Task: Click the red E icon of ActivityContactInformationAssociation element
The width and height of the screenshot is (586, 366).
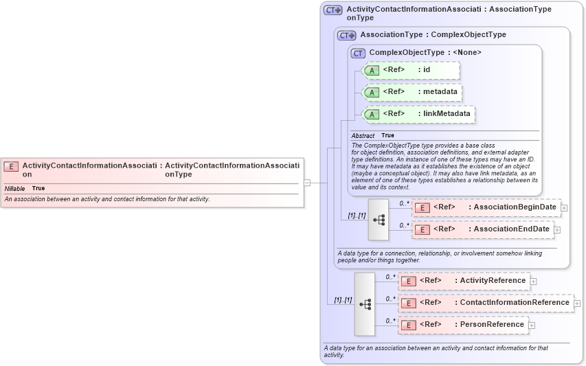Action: point(11,165)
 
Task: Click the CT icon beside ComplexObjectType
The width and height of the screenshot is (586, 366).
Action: point(358,53)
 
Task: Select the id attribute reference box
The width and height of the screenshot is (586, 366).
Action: point(411,70)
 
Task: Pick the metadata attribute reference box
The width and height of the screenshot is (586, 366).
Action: point(411,92)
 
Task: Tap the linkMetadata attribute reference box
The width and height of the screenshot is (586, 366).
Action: point(418,114)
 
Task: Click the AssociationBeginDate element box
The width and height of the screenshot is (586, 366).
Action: point(486,207)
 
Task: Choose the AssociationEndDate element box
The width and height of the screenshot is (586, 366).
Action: point(486,229)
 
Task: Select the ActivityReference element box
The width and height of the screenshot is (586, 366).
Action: point(464,281)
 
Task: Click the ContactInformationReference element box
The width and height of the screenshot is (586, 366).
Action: point(486,303)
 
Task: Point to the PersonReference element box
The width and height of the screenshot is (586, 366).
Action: point(464,325)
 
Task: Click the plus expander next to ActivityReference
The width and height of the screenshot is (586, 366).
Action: point(533,281)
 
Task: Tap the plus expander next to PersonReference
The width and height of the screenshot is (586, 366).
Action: point(532,325)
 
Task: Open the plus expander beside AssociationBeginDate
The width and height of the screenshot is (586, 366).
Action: point(564,207)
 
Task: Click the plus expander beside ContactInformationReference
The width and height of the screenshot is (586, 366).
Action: point(577,303)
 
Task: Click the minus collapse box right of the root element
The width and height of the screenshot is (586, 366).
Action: point(307,183)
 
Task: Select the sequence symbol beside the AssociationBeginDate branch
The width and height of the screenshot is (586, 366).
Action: point(379,220)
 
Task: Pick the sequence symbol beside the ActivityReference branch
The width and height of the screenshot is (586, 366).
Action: point(365,304)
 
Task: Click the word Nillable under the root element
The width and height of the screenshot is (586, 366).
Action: point(14,188)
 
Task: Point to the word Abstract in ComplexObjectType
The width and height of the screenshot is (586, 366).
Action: point(363,136)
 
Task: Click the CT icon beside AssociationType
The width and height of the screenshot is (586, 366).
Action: point(346,35)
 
